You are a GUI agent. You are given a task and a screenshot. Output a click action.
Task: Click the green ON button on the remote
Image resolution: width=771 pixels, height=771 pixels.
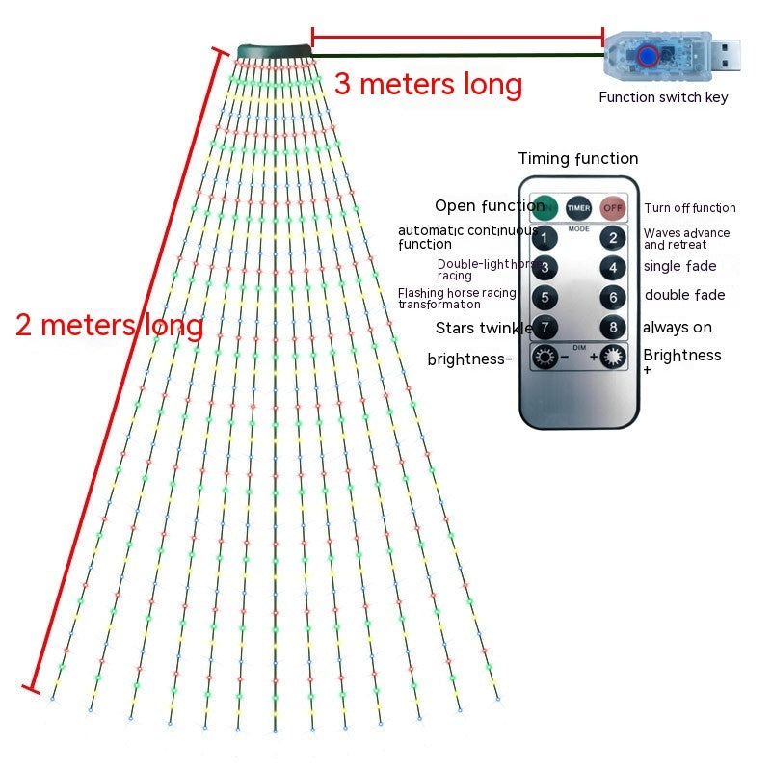tap(545, 206)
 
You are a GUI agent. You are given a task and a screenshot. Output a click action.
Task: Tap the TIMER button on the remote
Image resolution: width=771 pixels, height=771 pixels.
tap(578, 206)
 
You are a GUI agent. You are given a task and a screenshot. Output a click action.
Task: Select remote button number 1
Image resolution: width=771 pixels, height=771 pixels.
tap(545, 237)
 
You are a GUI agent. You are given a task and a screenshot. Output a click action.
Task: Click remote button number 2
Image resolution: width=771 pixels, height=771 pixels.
tap(612, 237)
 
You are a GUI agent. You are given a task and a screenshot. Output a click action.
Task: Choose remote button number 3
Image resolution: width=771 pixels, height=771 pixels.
tap(545, 267)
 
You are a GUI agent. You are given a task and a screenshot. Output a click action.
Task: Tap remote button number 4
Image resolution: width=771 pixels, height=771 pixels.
tap(612, 267)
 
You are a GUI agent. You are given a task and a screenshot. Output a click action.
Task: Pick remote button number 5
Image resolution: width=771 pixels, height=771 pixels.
tap(545, 297)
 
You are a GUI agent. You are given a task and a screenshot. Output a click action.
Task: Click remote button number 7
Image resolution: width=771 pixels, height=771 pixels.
tap(545, 327)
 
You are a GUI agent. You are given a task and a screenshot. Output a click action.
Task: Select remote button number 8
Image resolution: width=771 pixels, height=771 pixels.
tap(612, 327)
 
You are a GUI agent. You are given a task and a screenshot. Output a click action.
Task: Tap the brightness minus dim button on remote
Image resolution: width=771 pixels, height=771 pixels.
tap(546, 358)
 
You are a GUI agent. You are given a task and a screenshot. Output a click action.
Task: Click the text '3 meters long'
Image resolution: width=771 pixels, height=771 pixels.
tap(428, 85)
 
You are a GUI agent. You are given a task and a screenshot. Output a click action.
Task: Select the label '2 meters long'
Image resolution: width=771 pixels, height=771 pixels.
tap(109, 325)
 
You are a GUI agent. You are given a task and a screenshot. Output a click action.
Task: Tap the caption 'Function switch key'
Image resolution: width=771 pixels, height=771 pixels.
tap(663, 96)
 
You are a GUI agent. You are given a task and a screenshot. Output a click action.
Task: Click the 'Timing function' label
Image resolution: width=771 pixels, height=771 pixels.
tap(578, 159)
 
